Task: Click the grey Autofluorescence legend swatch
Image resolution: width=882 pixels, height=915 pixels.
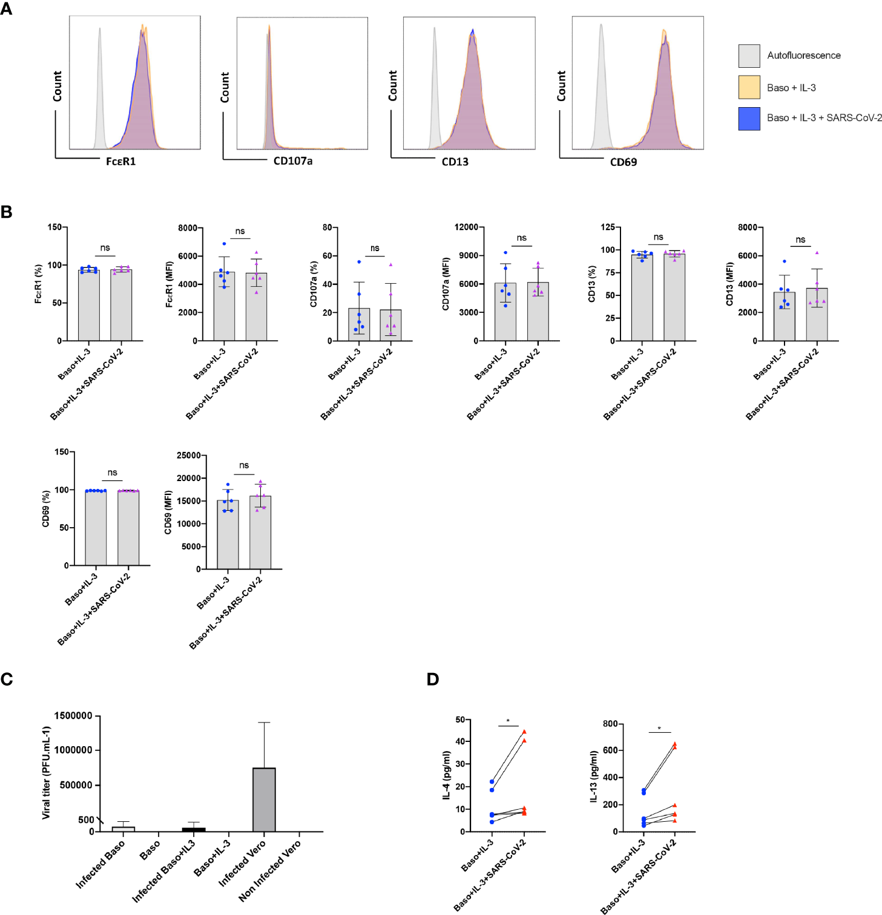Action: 749,56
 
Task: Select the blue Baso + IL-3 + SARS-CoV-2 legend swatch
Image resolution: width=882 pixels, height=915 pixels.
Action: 749,119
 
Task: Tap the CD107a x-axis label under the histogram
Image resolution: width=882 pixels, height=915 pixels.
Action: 293,161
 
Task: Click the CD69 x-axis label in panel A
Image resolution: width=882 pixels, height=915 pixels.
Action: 623,162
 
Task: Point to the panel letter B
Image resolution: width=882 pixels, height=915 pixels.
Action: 7,212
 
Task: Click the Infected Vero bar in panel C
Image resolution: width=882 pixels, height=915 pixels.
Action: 264,799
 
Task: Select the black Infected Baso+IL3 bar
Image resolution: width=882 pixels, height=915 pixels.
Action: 194,829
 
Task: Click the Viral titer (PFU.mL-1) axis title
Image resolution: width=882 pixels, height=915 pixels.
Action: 46,773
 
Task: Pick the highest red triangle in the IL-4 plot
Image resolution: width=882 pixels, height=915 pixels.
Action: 524,732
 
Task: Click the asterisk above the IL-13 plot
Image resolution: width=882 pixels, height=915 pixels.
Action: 659,729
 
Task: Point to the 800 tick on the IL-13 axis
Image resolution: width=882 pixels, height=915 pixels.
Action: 610,724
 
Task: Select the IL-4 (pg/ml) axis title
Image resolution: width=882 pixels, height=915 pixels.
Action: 446,775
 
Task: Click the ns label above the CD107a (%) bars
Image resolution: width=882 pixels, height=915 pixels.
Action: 375,248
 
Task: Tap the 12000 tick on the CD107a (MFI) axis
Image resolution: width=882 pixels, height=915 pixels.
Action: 466,227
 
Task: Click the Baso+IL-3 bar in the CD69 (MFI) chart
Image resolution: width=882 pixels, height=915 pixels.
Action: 228,534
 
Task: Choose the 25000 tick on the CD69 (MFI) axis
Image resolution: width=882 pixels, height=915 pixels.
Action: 188,455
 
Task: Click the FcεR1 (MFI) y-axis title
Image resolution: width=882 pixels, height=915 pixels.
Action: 169,284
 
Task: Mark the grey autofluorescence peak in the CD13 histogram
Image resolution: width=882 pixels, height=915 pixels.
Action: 435,85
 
